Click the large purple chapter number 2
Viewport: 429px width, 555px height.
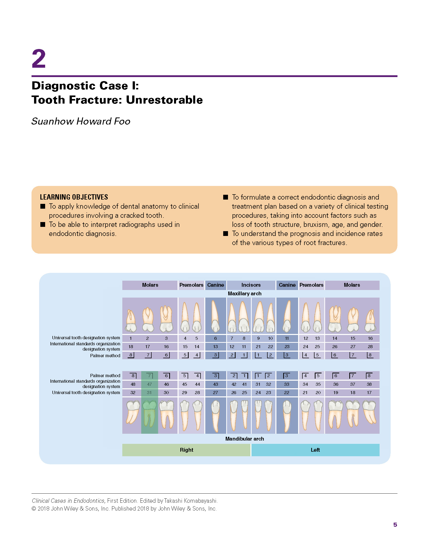pyautogui.click(x=39, y=59)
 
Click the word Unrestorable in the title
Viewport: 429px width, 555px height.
pyautogui.click(x=164, y=100)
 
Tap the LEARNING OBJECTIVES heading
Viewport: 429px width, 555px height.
pyautogui.click(x=74, y=197)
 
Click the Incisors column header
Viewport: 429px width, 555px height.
pyautogui.click(x=251, y=285)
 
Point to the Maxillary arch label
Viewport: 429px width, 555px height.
pyautogui.click(x=245, y=294)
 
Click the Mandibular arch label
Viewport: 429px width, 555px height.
pyautogui.click(x=245, y=439)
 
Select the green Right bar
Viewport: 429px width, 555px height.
pyautogui.click(x=186, y=450)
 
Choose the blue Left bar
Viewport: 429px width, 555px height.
pyautogui.click(x=315, y=450)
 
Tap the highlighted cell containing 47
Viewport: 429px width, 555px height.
pyautogui.click(x=149, y=384)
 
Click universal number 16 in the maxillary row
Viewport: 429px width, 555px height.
pyautogui.click(x=370, y=338)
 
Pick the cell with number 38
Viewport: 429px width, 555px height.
pyautogui.click(x=369, y=384)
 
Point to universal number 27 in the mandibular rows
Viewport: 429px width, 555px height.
pyautogui.click(x=215, y=393)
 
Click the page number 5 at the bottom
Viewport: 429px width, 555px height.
pyautogui.click(x=395, y=525)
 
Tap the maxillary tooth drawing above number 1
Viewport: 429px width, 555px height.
pyautogui.click(x=131, y=321)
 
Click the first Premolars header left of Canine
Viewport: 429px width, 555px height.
pyautogui.click(x=191, y=285)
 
